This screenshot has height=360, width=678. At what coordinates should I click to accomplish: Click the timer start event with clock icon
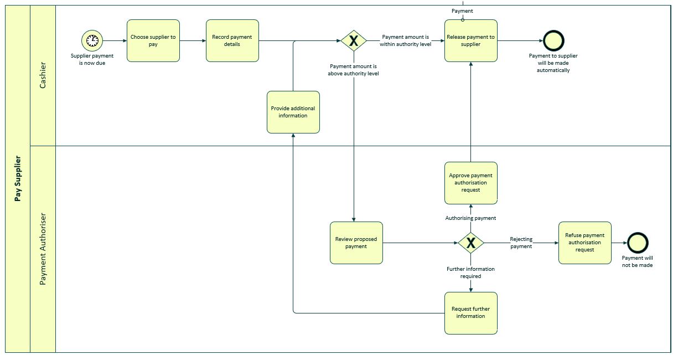(92, 40)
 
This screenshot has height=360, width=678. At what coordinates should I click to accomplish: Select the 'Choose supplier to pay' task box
(153, 40)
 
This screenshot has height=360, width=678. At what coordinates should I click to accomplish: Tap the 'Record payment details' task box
(232, 40)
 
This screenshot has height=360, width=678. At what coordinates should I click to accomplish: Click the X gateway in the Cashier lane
(353, 40)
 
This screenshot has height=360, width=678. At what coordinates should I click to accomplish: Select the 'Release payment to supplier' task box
(471, 40)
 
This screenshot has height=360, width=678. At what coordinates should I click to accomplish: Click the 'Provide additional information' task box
(293, 112)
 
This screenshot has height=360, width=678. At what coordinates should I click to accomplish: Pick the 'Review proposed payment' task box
(356, 243)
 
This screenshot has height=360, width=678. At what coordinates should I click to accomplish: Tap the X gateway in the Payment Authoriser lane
(471, 243)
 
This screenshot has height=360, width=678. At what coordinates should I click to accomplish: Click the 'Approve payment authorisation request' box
(471, 183)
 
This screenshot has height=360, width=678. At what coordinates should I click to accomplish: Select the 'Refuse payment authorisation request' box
(584, 243)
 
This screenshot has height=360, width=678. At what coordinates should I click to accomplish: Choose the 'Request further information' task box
(471, 313)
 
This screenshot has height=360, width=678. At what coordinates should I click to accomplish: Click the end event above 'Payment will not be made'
(638, 243)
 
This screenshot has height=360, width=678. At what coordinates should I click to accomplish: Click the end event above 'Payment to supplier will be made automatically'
(553, 40)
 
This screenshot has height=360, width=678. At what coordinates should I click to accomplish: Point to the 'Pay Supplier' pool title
(18, 178)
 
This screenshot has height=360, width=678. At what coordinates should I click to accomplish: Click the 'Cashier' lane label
(43, 75)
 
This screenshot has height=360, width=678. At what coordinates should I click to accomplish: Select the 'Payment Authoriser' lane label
(43, 249)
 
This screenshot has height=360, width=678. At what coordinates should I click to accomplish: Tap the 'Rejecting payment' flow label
(521, 243)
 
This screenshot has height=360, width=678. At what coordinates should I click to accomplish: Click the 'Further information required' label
(471, 272)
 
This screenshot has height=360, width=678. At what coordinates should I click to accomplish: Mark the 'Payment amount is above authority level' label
(353, 69)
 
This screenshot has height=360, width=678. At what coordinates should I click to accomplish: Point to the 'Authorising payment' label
(471, 218)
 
